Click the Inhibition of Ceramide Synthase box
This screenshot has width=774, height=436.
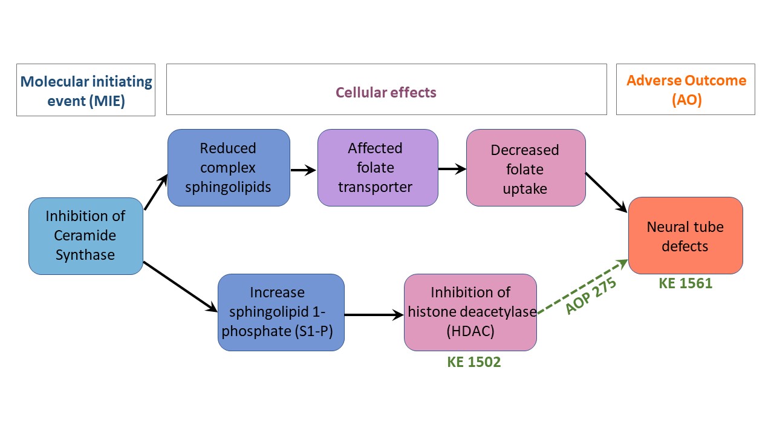(x=85, y=236)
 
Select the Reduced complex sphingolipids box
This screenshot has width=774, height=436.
(x=229, y=168)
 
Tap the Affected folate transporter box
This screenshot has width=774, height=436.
(x=377, y=168)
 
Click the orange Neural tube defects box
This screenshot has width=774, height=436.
(x=685, y=236)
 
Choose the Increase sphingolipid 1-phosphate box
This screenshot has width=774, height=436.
(x=281, y=312)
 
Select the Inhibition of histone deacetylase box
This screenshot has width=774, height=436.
(x=470, y=312)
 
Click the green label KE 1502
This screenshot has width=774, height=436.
(x=474, y=362)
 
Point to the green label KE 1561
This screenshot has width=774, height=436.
(x=686, y=283)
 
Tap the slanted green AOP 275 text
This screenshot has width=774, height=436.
(x=590, y=296)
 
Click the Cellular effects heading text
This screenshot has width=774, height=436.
(x=386, y=93)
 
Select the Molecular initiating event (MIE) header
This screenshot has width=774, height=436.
(x=86, y=90)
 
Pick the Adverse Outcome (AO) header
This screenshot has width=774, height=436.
(x=686, y=90)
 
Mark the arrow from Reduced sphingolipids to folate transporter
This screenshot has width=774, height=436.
(x=304, y=170)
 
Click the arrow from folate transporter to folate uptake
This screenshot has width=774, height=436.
(x=452, y=170)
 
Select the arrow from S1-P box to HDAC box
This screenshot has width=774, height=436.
(x=374, y=315)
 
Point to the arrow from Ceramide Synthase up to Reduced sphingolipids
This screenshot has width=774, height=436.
(x=155, y=191)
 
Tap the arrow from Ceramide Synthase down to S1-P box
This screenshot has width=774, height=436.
(x=180, y=286)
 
